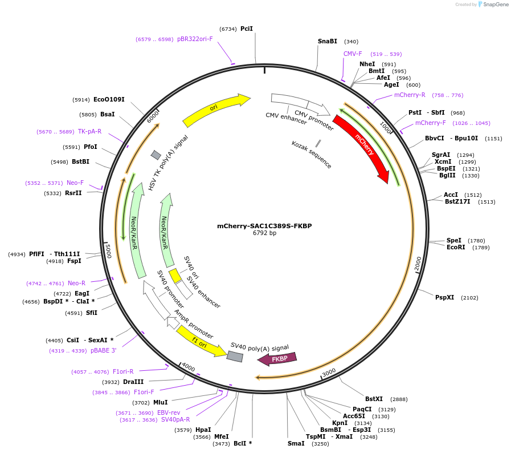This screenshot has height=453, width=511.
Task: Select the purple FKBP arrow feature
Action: (x=277, y=359)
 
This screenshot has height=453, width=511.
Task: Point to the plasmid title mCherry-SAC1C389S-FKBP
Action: (x=264, y=226)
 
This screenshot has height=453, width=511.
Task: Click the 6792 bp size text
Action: (x=264, y=233)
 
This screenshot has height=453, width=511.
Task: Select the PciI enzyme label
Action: (x=247, y=29)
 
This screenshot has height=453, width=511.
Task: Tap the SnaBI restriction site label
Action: (x=328, y=41)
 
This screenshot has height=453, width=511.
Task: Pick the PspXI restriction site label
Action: (x=445, y=297)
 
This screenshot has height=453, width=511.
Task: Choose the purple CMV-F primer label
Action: (x=353, y=54)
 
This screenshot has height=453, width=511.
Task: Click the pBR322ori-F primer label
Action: (x=195, y=39)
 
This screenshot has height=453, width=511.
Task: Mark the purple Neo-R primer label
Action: (x=76, y=283)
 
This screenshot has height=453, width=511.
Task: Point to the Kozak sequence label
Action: (x=311, y=154)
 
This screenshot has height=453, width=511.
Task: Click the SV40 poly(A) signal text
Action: (x=259, y=347)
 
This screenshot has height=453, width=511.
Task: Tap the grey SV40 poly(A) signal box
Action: (x=235, y=357)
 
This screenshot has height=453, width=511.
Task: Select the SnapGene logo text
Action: (x=493, y=5)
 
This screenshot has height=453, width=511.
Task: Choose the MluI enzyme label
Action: (x=160, y=402)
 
